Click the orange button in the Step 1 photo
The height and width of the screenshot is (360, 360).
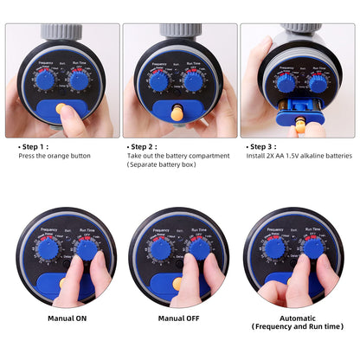point(61,110)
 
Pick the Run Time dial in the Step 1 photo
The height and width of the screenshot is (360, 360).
point(78,80)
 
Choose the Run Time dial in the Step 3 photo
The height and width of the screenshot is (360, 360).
point(318,83)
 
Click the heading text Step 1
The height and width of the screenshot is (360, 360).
point(35,147)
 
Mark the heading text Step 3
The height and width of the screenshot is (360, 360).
point(264,147)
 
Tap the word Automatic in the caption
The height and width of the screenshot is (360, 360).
point(297,317)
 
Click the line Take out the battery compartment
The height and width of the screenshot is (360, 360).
point(178,156)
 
